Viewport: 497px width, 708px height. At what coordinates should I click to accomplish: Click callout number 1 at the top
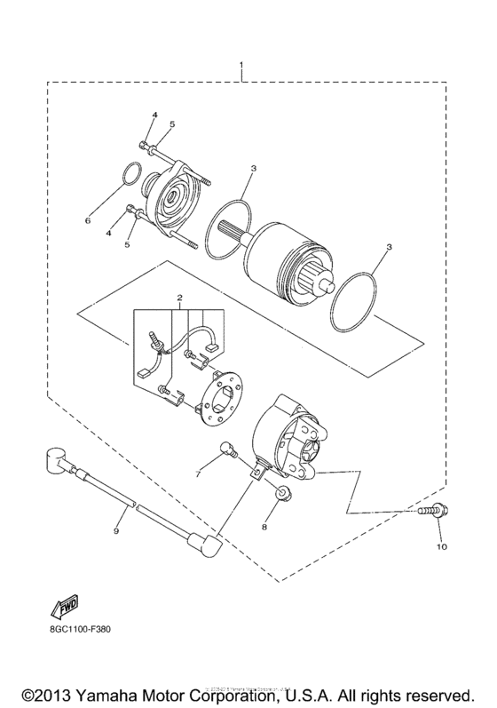pyautogui.click(x=242, y=66)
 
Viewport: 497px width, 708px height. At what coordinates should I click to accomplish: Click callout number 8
pyautogui.click(x=264, y=527)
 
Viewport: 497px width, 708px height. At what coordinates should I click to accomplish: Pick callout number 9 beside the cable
pyautogui.click(x=115, y=531)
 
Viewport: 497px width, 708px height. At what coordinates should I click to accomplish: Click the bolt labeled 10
pyautogui.click(x=432, y=511)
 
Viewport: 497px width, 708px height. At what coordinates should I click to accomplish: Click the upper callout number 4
pyautogui.click(x=153, y=115)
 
